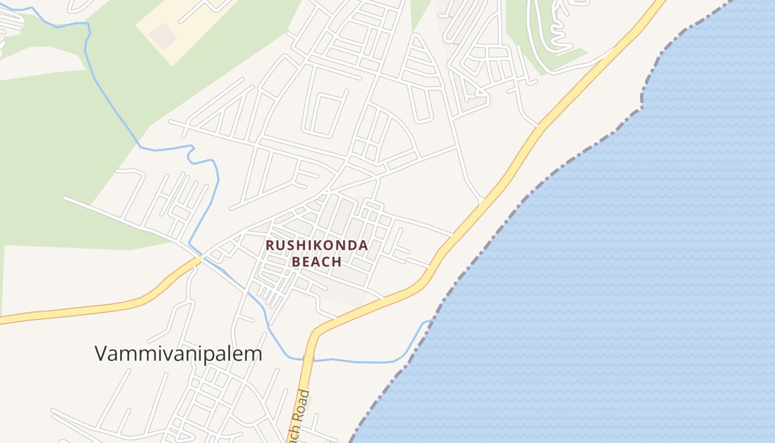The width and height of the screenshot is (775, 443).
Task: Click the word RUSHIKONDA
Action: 317,245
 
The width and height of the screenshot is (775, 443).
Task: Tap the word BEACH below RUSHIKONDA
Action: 317,261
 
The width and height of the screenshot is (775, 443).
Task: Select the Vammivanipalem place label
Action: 178,353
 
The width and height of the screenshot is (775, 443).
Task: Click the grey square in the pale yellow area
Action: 163,36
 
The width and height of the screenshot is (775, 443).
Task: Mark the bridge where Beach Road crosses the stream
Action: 308,359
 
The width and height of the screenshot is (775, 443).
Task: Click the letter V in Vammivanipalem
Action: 101,353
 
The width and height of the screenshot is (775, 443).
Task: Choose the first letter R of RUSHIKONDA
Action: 270,245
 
